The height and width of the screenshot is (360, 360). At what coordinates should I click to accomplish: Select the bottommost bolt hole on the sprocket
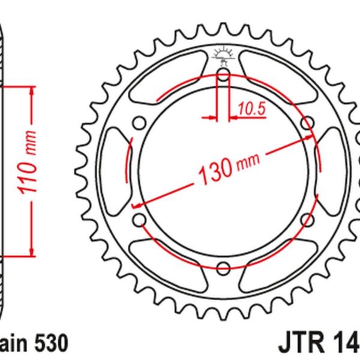click(x=223, y=267)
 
